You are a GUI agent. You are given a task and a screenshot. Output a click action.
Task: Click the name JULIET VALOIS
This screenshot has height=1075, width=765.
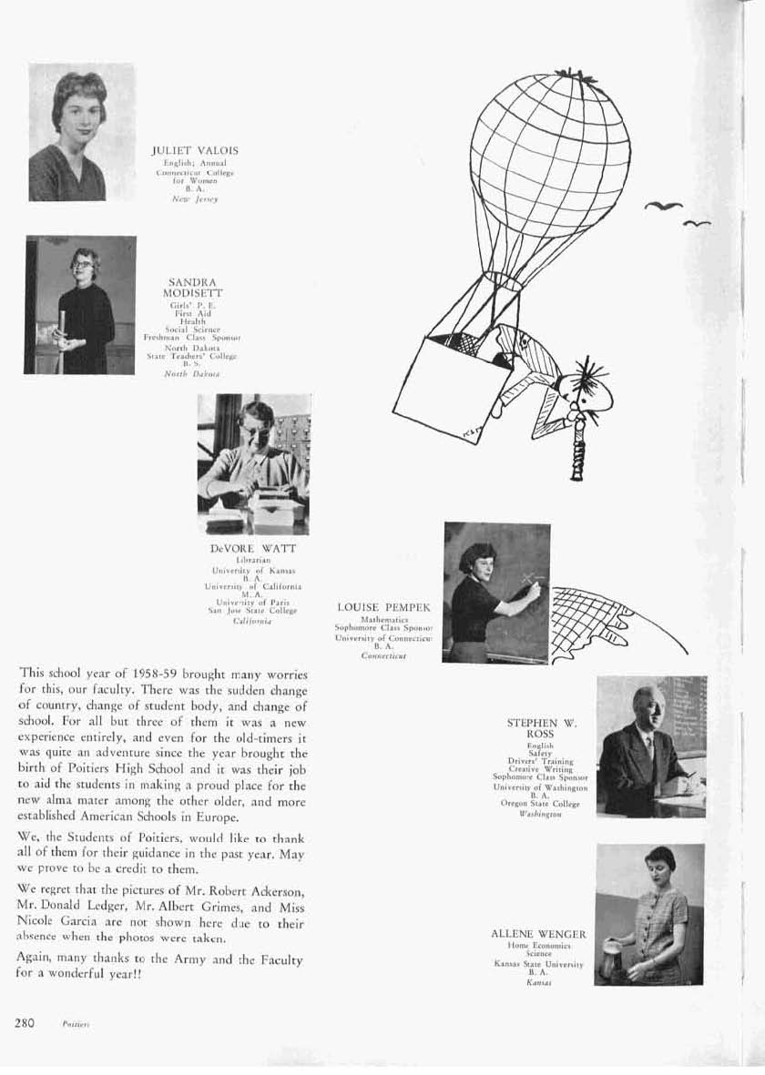195,149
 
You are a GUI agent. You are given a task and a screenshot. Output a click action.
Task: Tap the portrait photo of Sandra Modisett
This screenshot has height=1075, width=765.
81,305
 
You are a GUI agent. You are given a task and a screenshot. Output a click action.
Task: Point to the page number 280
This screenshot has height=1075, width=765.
25,1023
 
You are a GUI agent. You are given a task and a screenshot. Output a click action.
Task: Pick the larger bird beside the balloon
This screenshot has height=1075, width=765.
663,207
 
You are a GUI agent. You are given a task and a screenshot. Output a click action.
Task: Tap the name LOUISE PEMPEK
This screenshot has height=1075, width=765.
383,606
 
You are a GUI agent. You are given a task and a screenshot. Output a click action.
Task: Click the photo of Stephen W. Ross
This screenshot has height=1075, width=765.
651,746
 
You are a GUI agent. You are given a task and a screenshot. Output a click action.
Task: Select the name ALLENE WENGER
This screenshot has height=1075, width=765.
538,934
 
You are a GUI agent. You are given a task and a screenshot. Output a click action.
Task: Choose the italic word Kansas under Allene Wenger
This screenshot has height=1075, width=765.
540,983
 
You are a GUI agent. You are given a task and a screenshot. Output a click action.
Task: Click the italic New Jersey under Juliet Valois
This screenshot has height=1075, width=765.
195,198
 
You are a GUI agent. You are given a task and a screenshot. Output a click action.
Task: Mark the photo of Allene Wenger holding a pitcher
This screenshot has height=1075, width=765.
649,915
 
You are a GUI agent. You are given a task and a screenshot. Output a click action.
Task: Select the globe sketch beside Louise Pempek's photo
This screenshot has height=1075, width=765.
610,624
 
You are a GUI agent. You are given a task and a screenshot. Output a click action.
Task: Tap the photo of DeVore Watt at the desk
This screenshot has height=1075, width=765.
254,464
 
